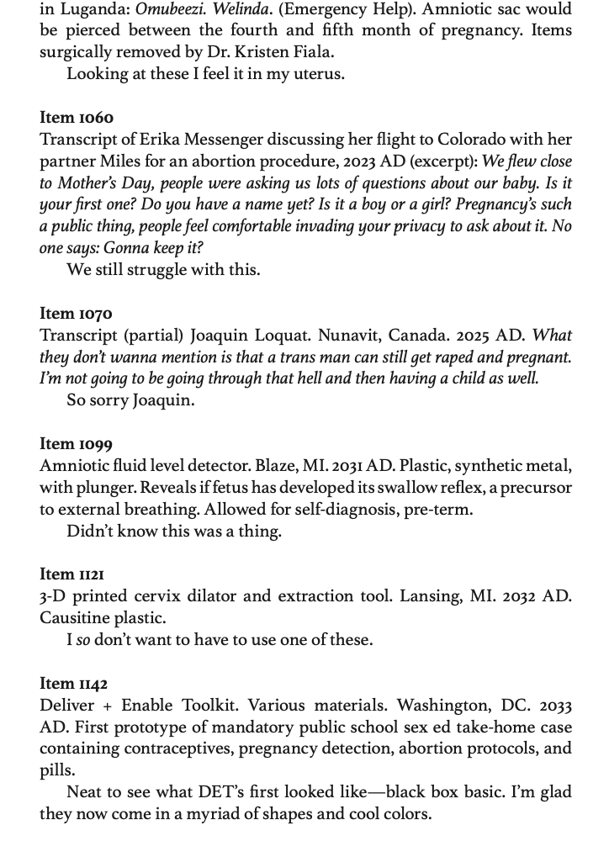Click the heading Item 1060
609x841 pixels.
(x=76, y=117)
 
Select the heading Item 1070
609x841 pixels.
(x=76, y=314)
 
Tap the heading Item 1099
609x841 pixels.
(x=76, y=444)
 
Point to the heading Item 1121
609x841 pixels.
(x=72, y=574)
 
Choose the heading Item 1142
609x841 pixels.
(x=74, y=684)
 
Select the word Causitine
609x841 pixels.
(x=75, y=618)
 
